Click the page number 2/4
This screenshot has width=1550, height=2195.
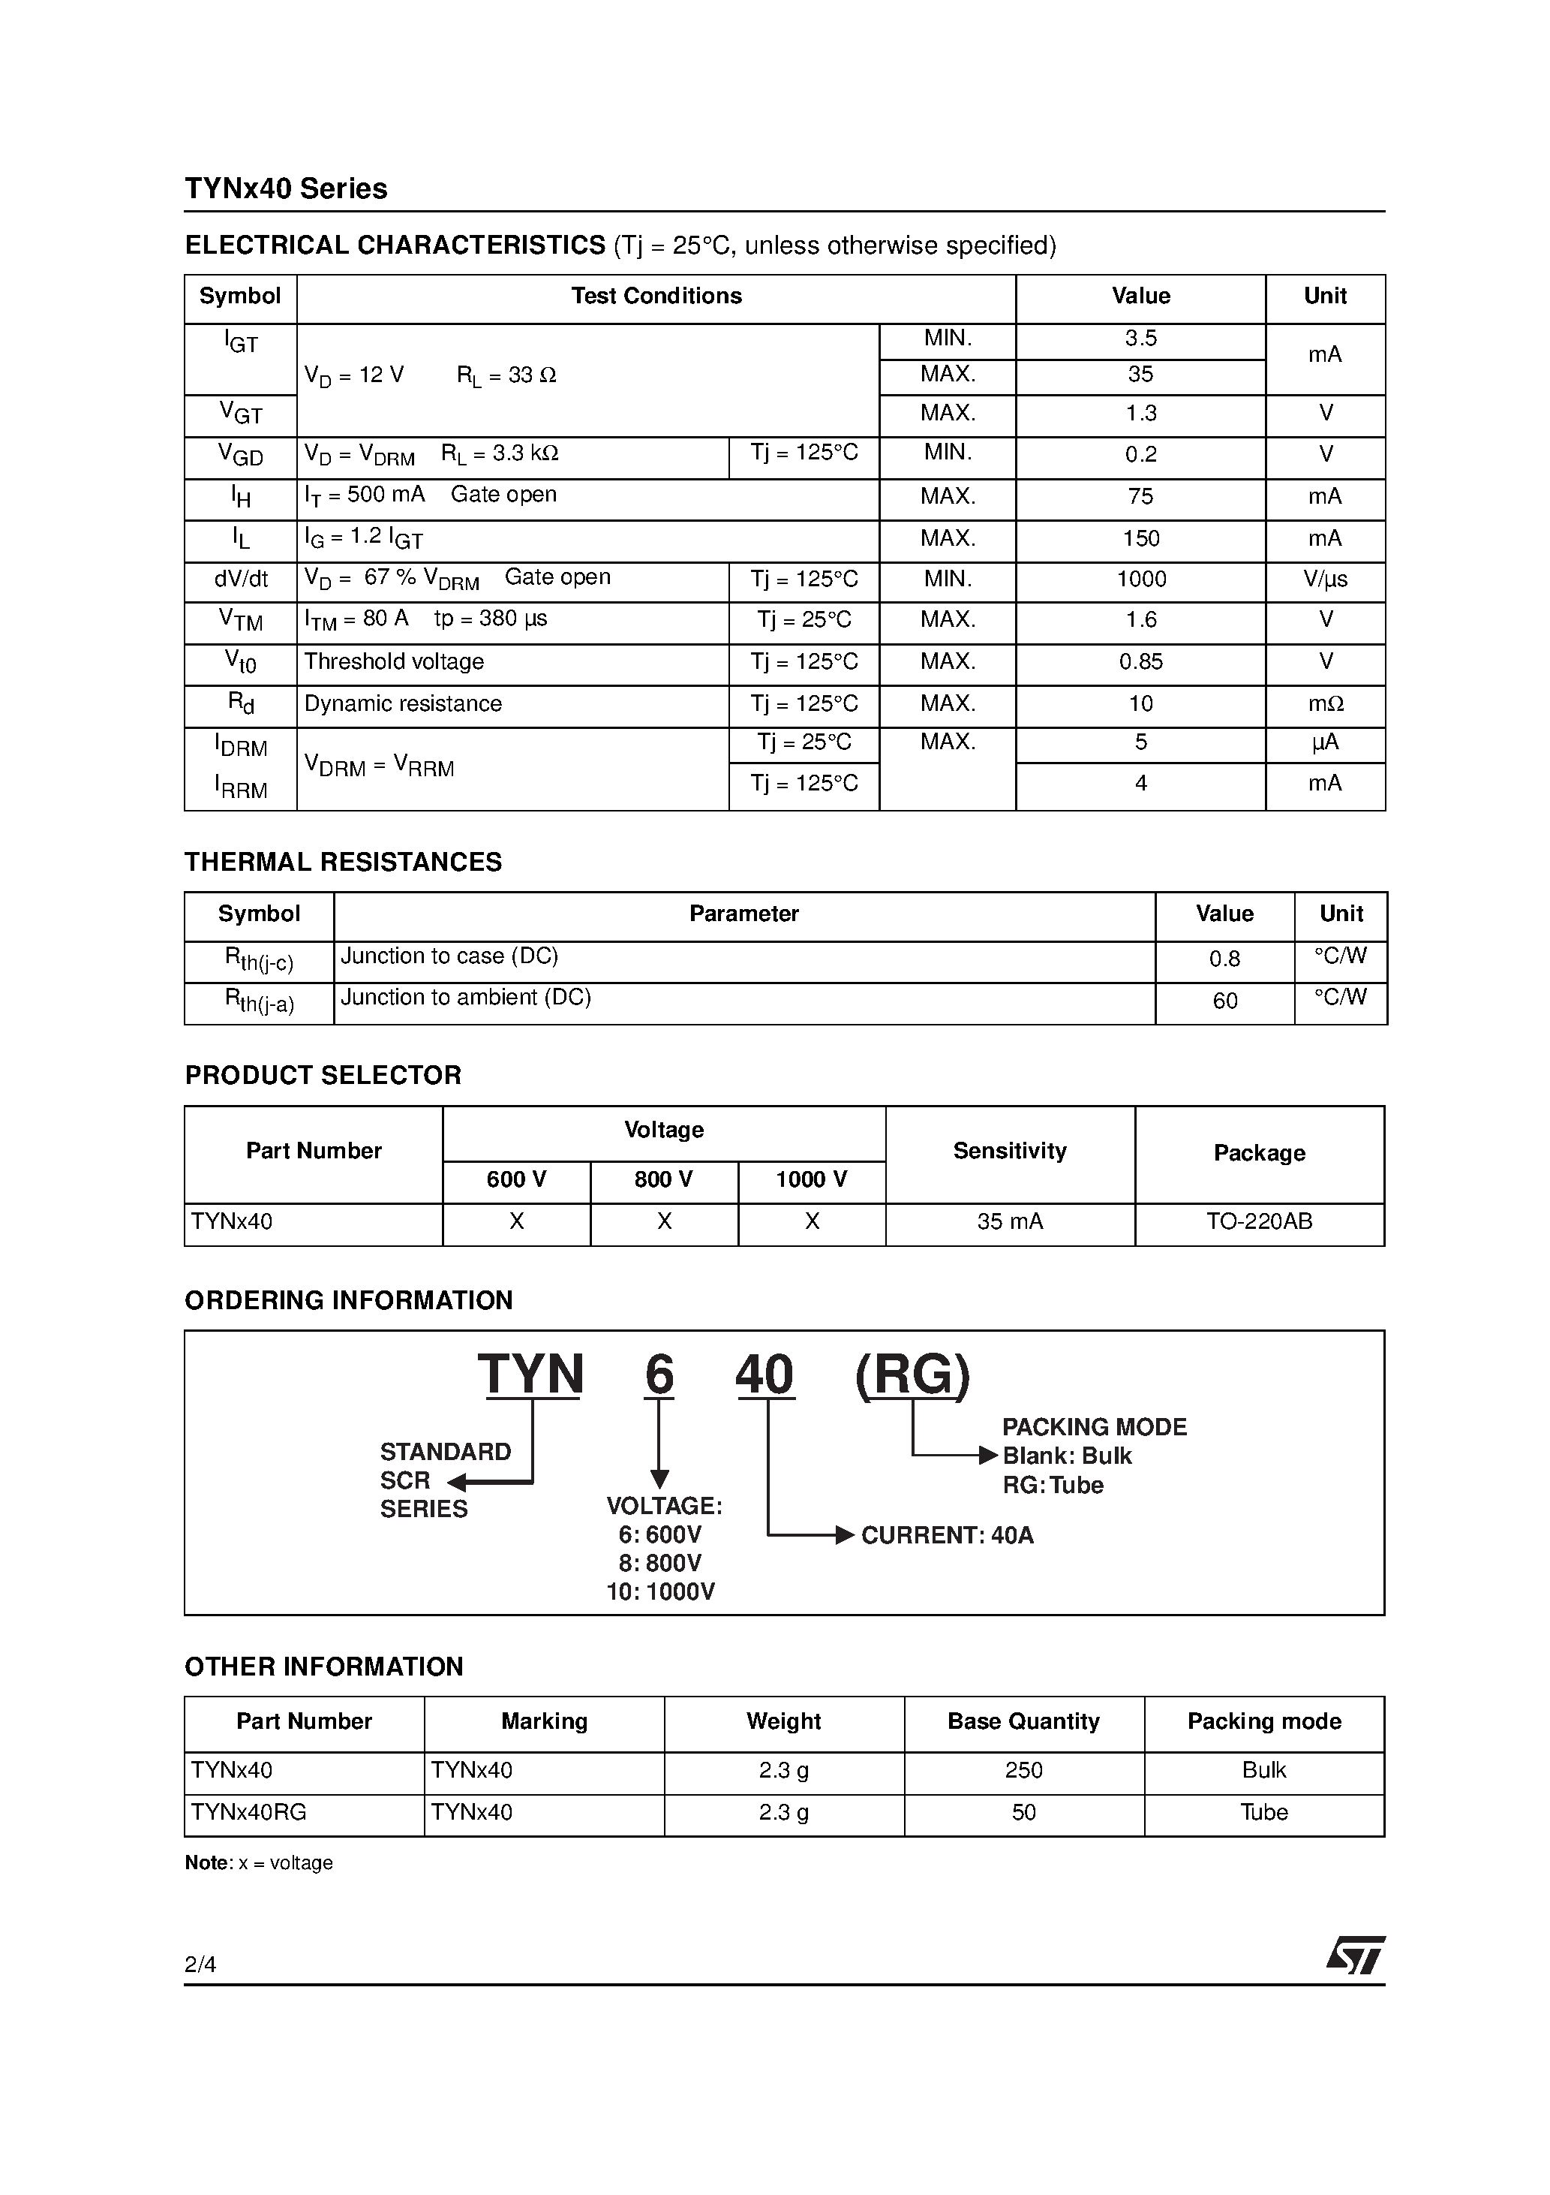point(200,1964)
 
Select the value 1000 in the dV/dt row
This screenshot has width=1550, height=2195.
point(1140,580)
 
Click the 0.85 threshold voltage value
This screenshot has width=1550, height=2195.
point(1140,661)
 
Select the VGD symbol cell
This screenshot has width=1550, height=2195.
point(241,455)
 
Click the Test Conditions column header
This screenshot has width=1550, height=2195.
point(656,297)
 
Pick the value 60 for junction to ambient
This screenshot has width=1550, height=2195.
point(1224,1001)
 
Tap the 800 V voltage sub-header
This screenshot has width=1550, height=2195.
point(663,1180)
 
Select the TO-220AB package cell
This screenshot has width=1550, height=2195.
point(1259,1222)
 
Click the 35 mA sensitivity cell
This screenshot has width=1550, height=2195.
point(1009,1222)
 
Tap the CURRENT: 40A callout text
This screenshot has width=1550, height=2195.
point(946,1535)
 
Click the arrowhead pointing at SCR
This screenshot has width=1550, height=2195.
point(457,1483)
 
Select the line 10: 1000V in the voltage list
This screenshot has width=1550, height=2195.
point(660,1591)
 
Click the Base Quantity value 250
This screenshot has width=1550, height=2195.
point(1023,1771)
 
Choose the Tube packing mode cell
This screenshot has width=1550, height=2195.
point(1263,1813)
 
